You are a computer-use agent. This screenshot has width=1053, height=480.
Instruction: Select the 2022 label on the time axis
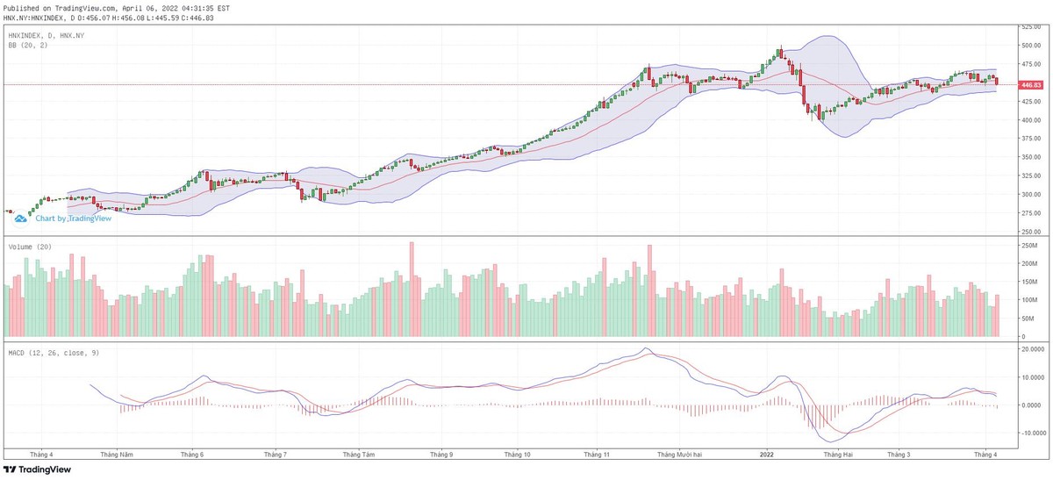click(766, 455)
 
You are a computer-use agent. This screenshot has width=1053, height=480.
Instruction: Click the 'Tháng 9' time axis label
click(441, 455)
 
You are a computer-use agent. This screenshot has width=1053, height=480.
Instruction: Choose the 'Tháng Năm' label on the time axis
click(116, 455)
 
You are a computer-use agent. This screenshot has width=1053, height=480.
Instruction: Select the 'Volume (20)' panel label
click(30, 247)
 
